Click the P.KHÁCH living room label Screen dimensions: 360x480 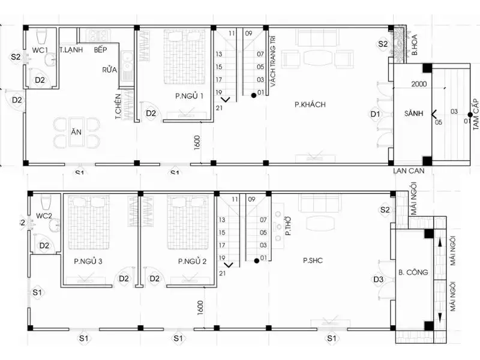(310, 104)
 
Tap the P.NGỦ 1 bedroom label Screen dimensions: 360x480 (189, 96)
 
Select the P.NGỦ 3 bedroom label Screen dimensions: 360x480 (88, 261)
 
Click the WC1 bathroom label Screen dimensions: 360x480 (40, 50)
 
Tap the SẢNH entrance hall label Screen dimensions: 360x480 (411, 113)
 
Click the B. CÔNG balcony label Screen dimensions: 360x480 (413, 272)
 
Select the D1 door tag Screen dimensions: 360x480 (376, 113)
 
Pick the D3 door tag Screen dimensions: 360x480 (378, 279)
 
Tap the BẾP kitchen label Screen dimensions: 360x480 (100, 50)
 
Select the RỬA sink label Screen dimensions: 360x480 (109, 70)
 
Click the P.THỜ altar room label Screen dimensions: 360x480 (288, 229)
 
